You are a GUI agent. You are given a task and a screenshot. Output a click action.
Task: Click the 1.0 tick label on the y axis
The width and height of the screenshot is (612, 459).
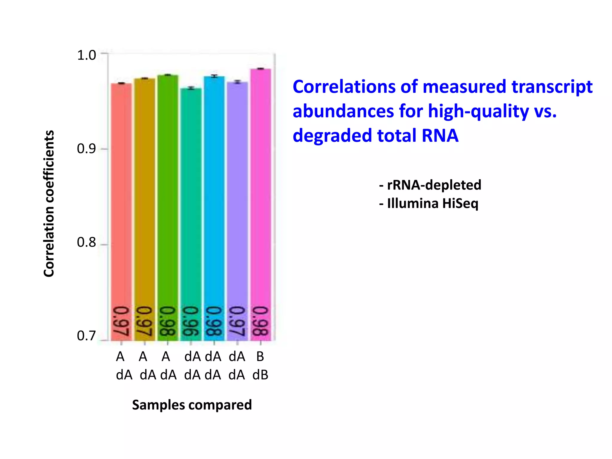tap(86, 55)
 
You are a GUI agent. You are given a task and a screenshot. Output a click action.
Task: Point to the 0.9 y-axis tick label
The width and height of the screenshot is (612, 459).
tap(86, 149)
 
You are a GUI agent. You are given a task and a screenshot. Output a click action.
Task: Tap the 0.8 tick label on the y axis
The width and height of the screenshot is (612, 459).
tap(86, 242)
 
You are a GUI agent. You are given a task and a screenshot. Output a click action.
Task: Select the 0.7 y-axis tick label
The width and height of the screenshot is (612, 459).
tap(86, 336)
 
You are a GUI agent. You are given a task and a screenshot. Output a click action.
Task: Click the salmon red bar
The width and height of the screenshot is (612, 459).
tap(121, 209)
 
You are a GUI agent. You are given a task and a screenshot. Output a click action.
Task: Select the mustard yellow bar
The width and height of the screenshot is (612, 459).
tap(145, 209)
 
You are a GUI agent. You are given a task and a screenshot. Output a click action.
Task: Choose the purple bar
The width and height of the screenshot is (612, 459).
tap(237, 209)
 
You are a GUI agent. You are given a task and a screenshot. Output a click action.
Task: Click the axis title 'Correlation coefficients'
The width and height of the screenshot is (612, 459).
tap(49, 204)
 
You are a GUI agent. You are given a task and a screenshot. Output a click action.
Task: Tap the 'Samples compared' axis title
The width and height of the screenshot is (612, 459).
tap(192, 405)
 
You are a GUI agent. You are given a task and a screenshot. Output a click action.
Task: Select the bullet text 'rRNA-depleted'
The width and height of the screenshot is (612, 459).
tap(434, 185)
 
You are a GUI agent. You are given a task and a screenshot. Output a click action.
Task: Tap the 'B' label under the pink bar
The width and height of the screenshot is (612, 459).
tap(260, 357)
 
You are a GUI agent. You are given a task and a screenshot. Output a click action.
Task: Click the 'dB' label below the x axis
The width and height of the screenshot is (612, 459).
tap(260, 375)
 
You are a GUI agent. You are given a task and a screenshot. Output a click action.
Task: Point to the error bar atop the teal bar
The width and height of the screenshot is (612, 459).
tap(191, 88)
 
